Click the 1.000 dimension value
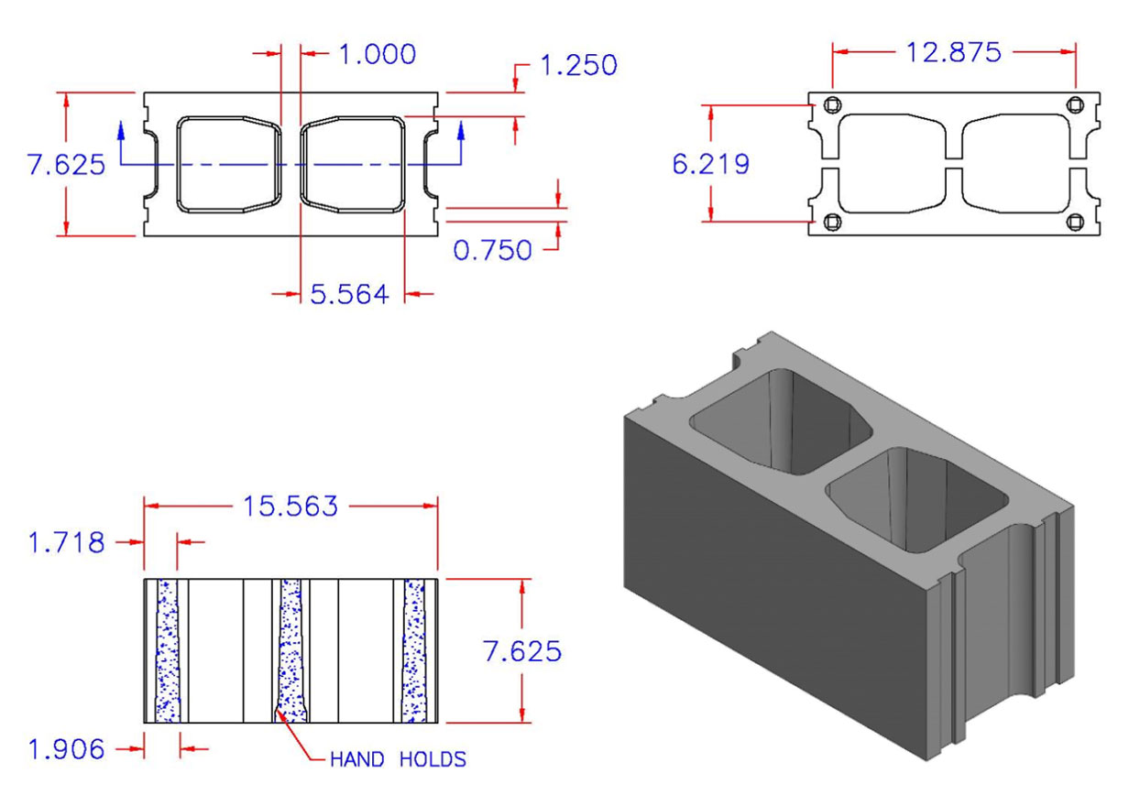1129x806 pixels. [x=377, y=54]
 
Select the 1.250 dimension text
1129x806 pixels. [x=578, y=65]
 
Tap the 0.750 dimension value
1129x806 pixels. [x=493, y=249]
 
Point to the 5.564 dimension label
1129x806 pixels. [x=348, y=294]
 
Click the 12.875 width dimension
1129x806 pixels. [x=953, y=52]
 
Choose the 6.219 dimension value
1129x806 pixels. [x=710, y=164]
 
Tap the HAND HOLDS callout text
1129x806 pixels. [x=398, y=759]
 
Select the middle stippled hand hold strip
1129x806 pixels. [x=290, y=650]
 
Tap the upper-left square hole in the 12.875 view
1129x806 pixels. [x=831, y=105]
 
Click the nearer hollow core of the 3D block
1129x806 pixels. [x=916, y=499]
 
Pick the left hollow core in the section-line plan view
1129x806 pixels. [x=228, y=164]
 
